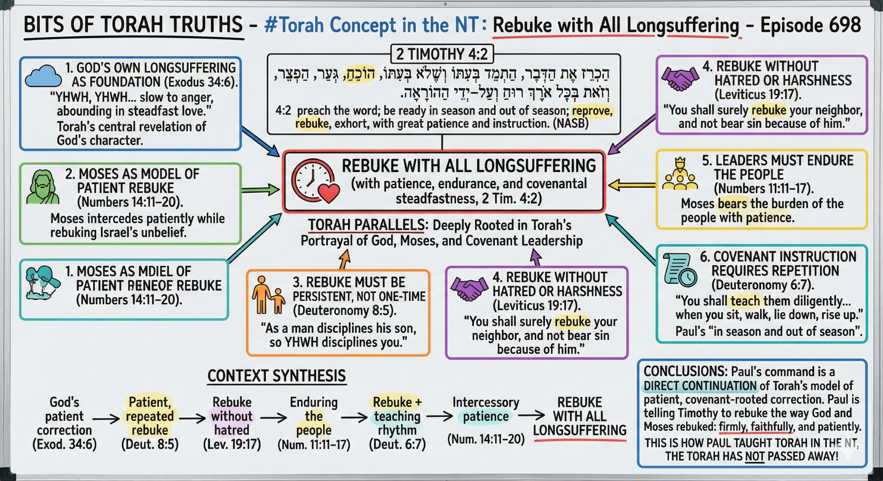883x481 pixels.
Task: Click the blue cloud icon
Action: (x=43, y=76)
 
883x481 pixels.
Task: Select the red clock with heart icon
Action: (x=315, y=181)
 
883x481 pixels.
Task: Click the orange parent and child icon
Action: (x=268, y=295)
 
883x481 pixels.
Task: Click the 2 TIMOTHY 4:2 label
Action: (x=442, y=54)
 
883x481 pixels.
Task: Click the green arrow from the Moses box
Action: (x=260, y=190)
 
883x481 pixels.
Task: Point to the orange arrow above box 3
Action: (x=345, y=259)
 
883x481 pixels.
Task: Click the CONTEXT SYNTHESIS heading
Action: (x=276, y=376)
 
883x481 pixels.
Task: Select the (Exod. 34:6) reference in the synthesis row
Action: (x=64, y=444)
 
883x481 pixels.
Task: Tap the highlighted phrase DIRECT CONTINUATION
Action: (x=700, y=386)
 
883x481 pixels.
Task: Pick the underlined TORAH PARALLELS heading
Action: (x=366, y=225)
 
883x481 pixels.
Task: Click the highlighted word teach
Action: (x=745, y=301)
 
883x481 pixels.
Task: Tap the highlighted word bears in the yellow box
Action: (x=732, y=204)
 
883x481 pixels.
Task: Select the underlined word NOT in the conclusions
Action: (x=754, y=456)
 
